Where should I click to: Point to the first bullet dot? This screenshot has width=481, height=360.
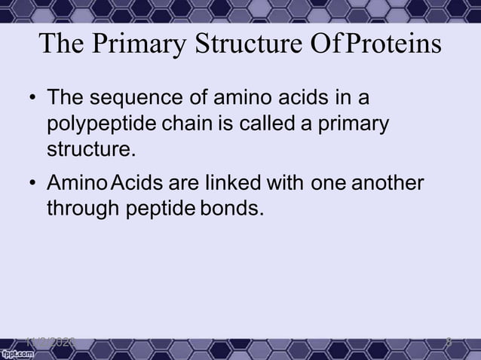tap(32, 99)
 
